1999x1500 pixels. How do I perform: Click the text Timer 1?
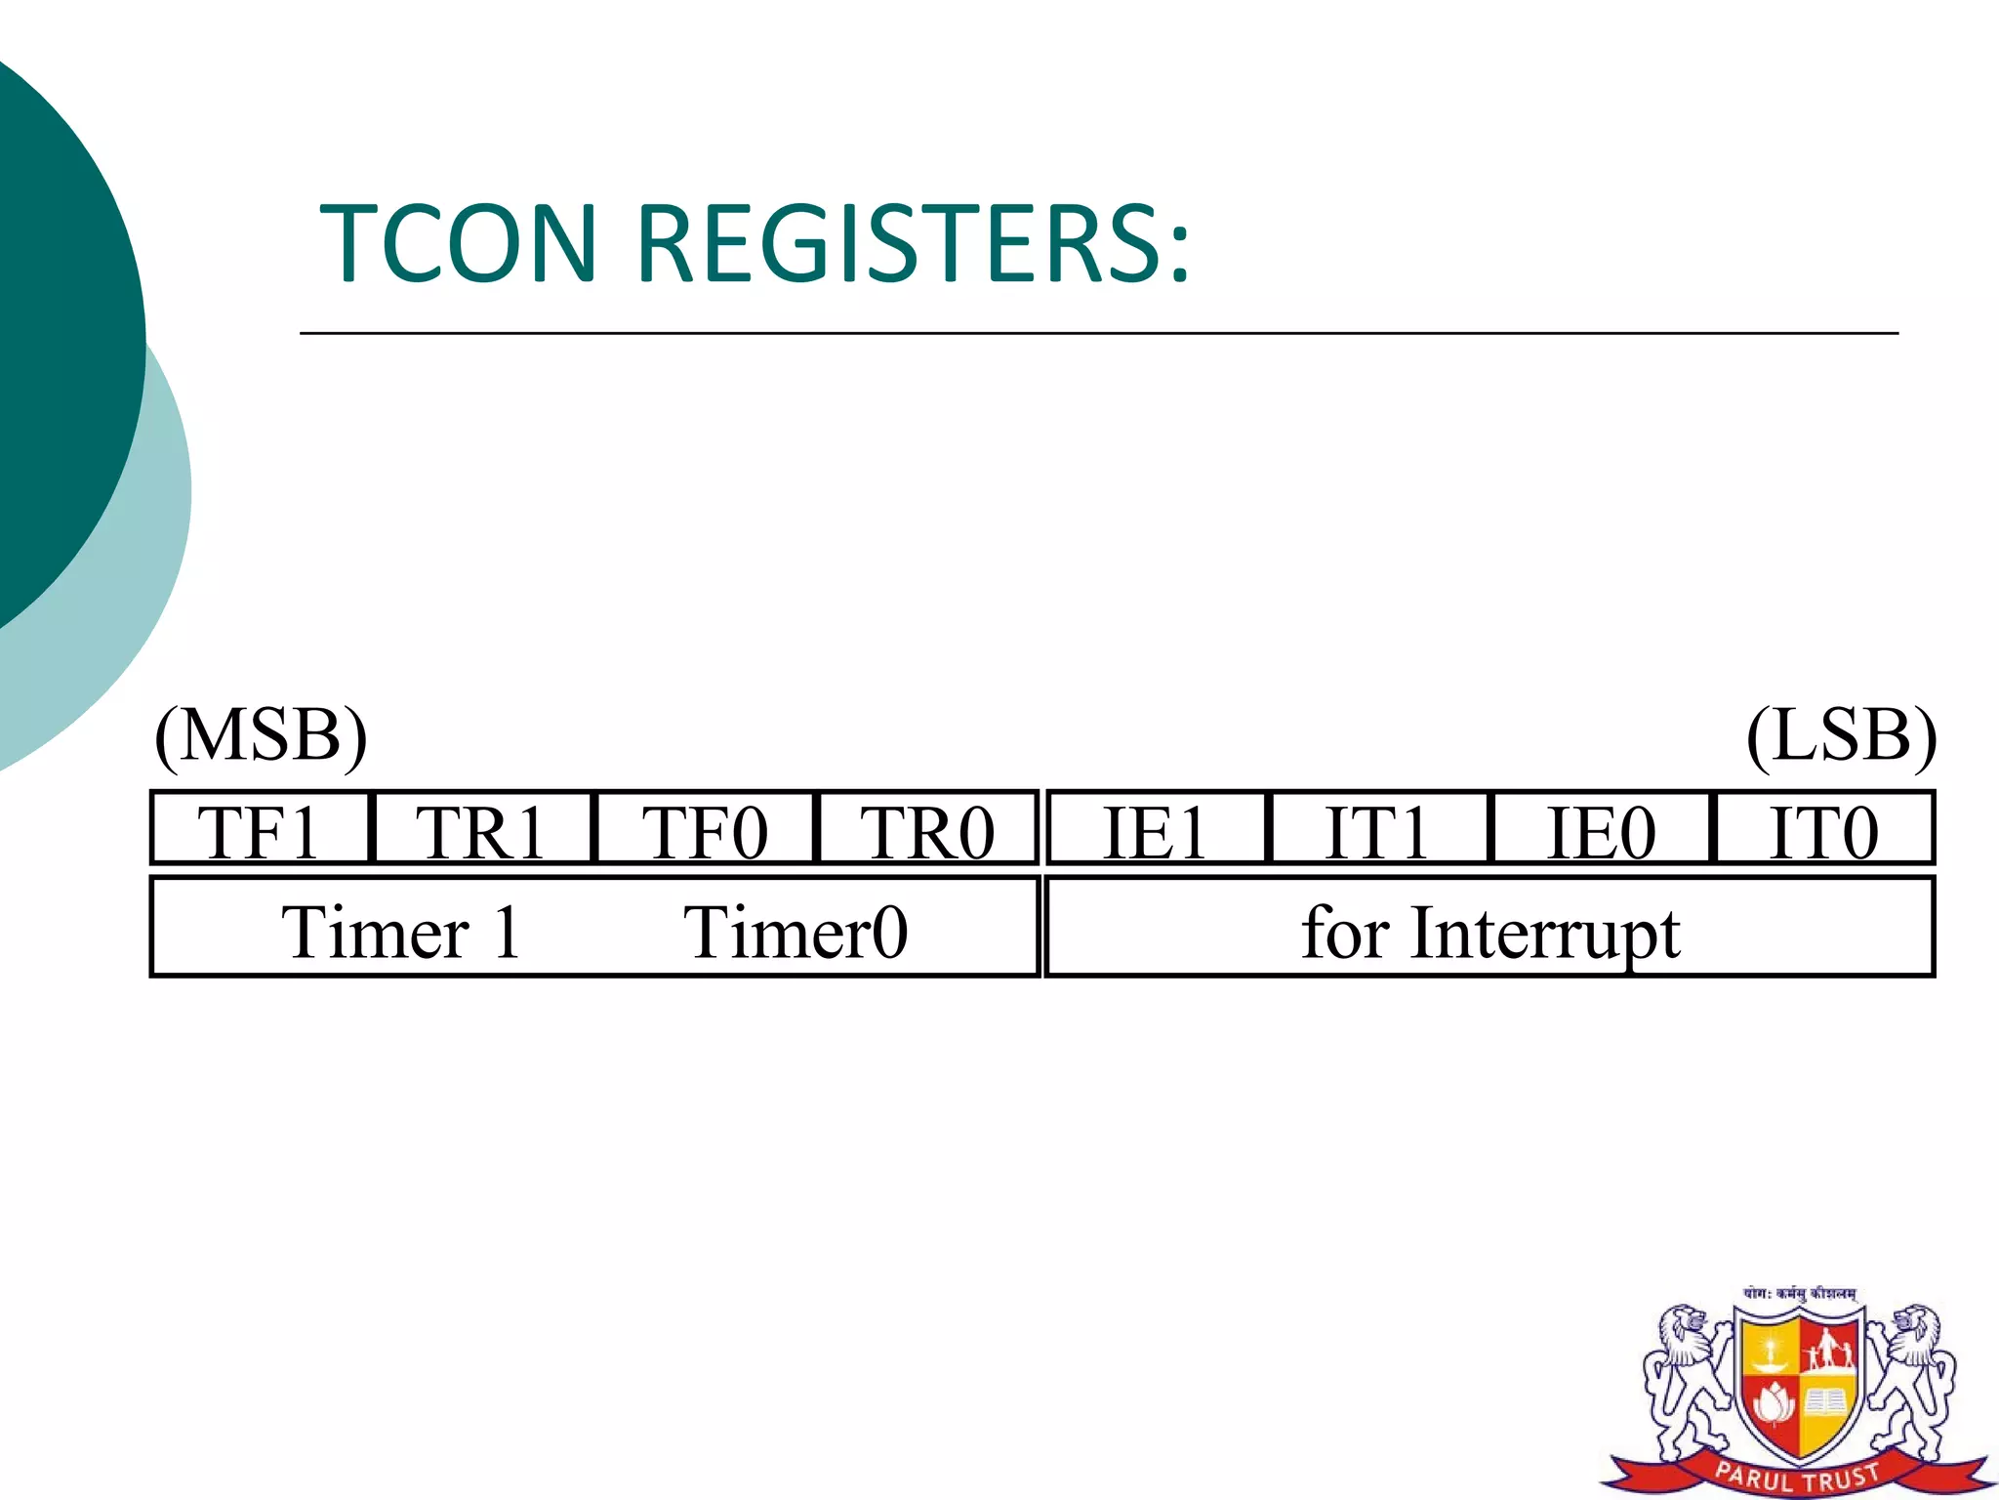tap(401, 933)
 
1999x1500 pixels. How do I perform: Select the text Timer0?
tap(796, 933)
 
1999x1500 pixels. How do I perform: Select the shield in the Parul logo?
tap(1798, 1382)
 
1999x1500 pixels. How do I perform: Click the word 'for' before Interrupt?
tap(1344, 933)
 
